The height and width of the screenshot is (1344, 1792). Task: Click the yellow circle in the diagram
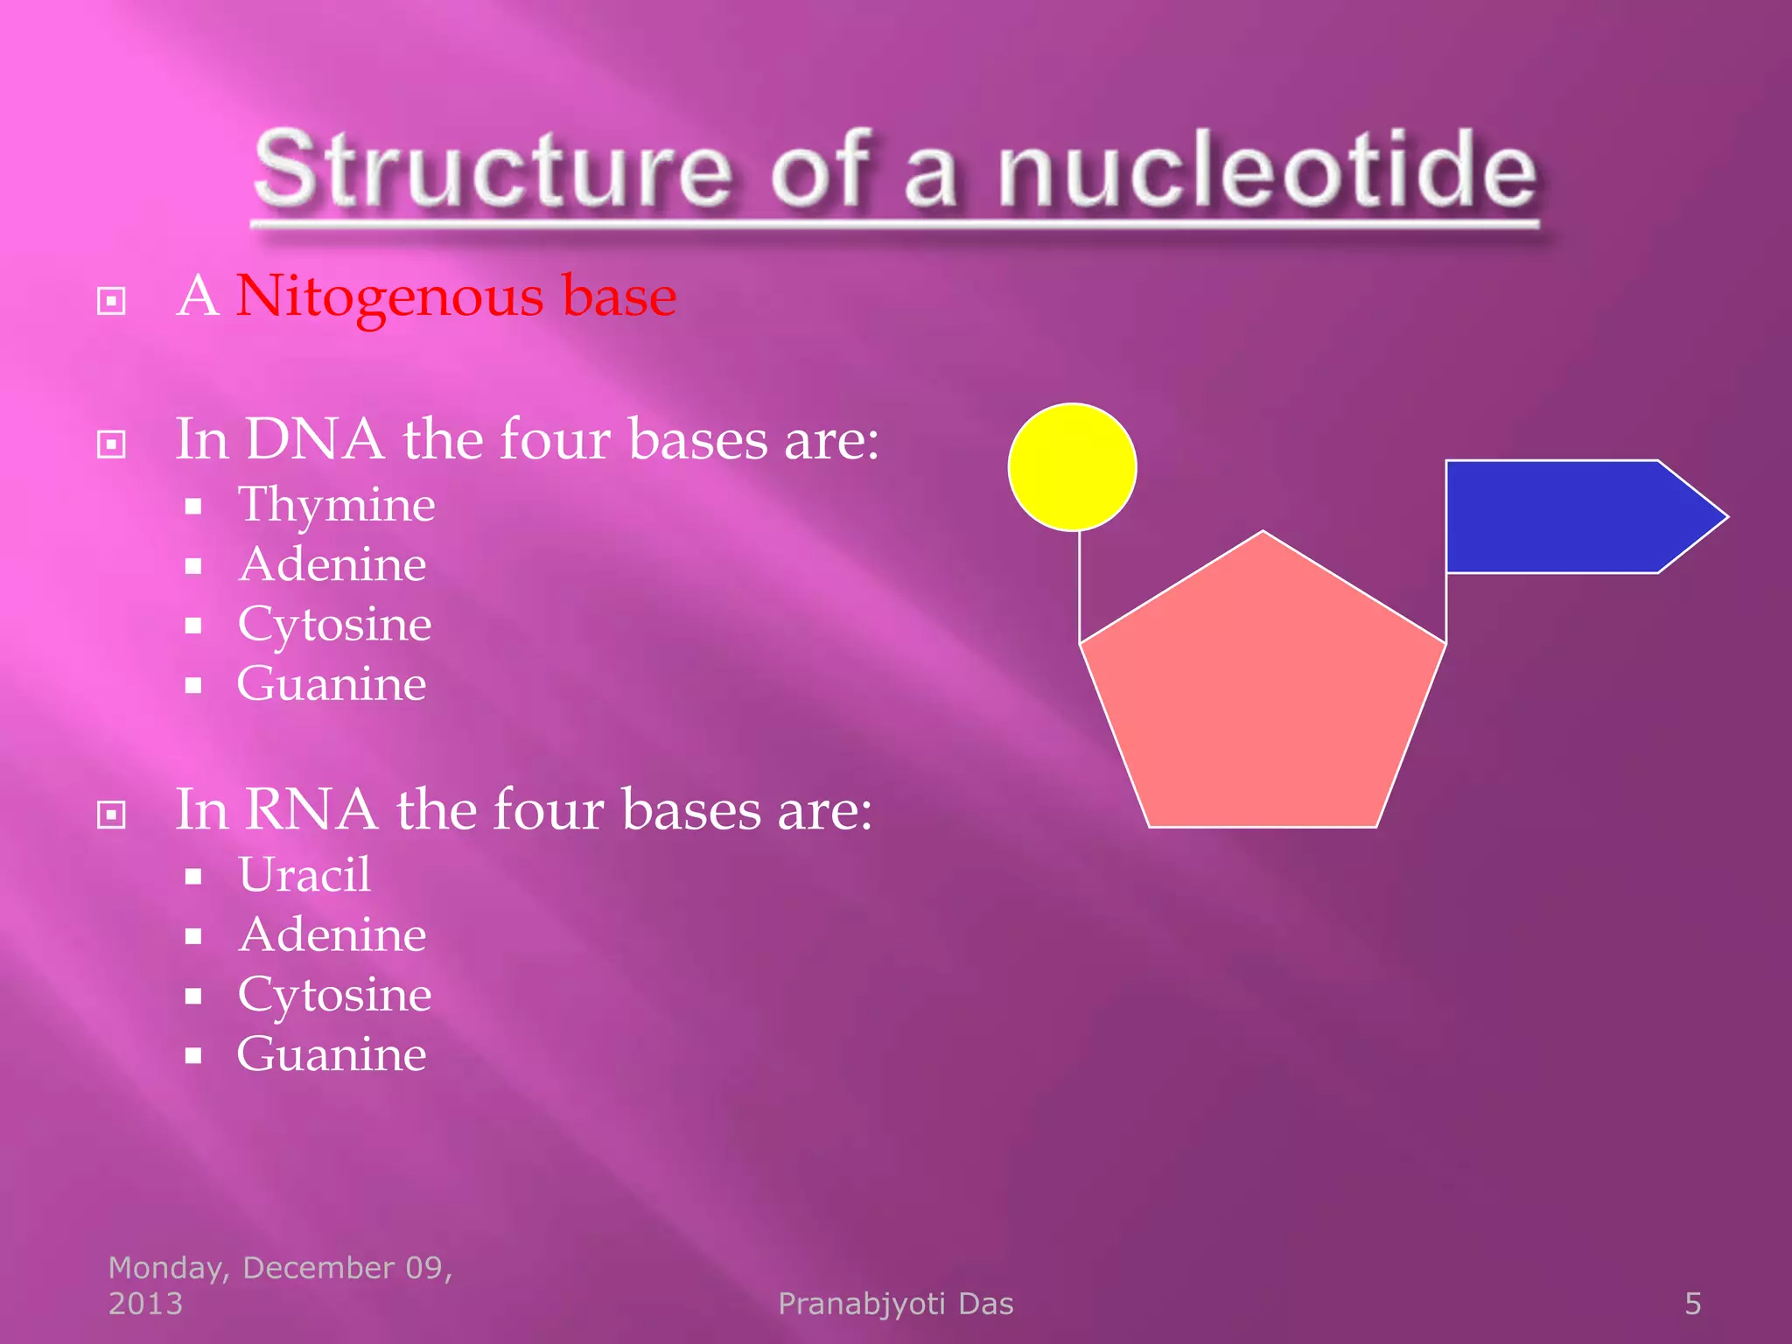[x=1072, y=467]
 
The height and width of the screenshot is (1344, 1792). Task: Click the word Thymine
[x=336, y=505]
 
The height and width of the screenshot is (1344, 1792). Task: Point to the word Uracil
[x=304, y=874]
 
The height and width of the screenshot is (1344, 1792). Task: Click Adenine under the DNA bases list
[x=332, y=564]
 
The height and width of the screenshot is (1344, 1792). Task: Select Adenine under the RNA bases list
[x=332, y=934]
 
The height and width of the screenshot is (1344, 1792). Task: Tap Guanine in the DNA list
[x=332, y=683]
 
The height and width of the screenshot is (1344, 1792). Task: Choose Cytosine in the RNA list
[x=334, y=995]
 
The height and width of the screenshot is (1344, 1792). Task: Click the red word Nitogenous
[x=390, y=297]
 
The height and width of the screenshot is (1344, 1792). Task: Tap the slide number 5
[x=1692, y=1304]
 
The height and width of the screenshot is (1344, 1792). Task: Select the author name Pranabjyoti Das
[x=895, y=1304]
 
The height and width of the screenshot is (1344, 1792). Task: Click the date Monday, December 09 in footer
[x=280, y=1268]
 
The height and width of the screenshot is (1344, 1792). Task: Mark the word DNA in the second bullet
[x=314, y=439]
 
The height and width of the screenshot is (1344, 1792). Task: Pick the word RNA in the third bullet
[x=311, y=809]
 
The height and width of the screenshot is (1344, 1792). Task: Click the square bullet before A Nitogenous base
[x=111, y=301]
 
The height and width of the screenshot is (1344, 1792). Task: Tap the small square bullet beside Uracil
[x=193, y=877]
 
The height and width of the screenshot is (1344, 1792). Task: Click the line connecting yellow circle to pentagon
[x=1079, y=586]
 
